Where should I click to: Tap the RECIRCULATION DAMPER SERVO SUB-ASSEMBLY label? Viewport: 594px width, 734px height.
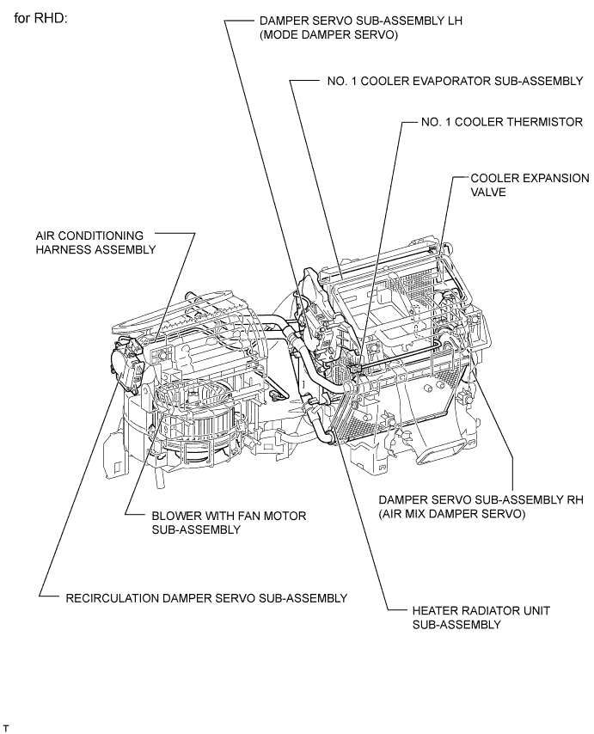pyautogui.click(x=206, y=596)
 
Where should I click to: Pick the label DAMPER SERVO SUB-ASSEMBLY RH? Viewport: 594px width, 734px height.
pyautogui.click(x=485, y=499)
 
